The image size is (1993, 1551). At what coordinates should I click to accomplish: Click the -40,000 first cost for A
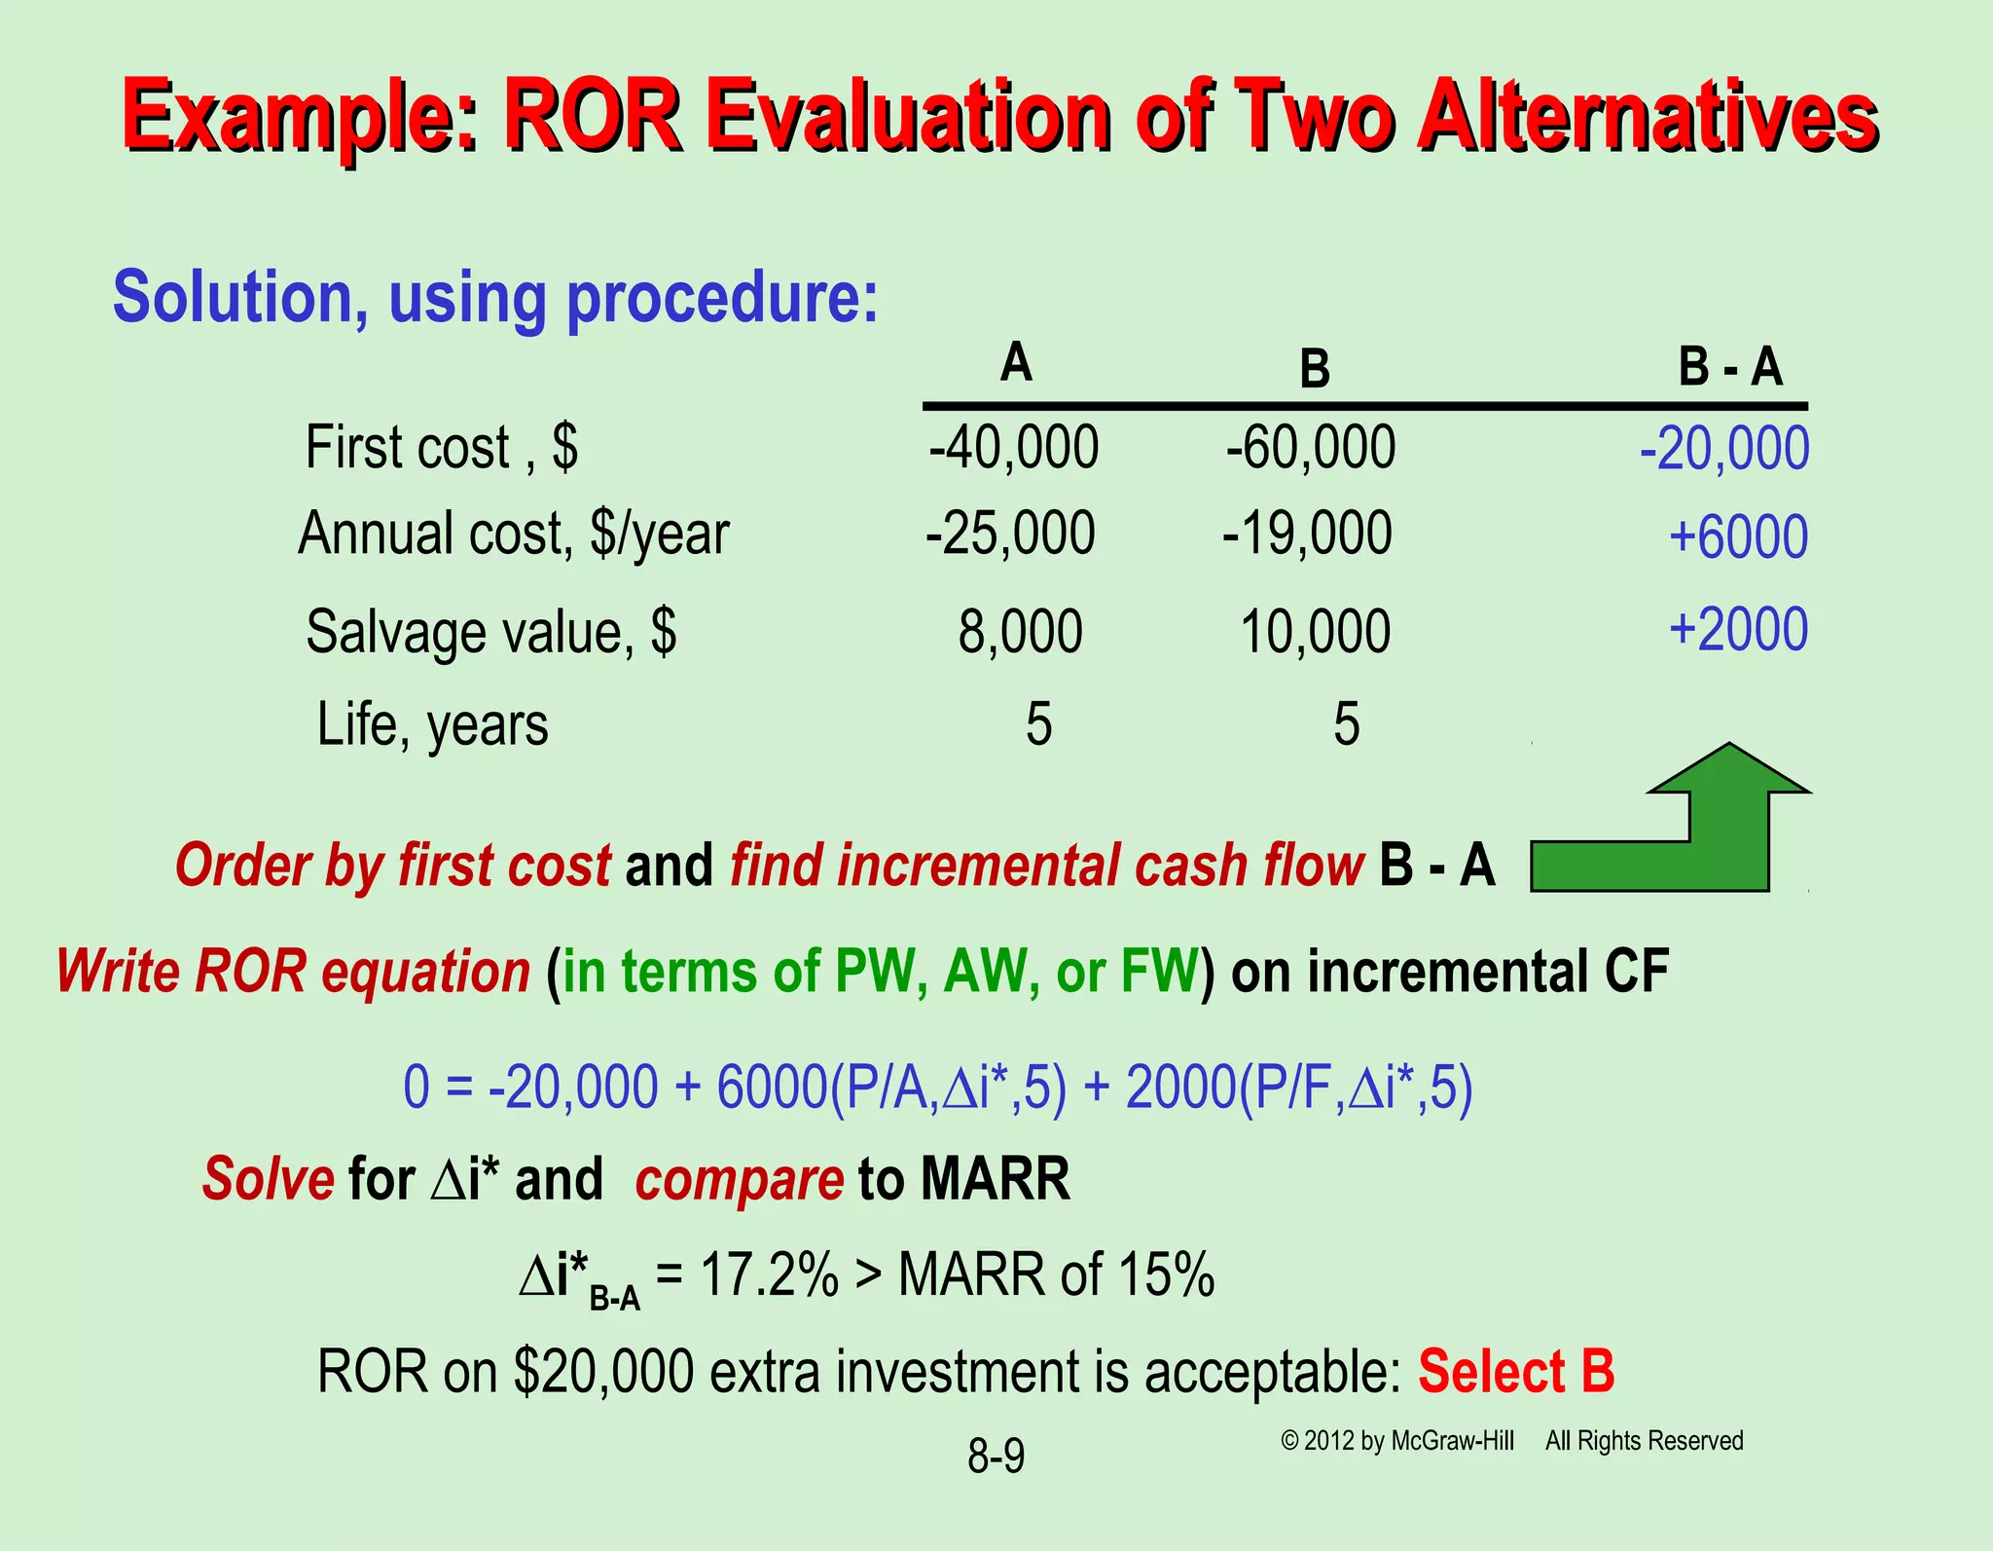click(1013, 448)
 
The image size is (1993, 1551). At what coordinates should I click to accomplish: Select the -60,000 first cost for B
click(1310, 448)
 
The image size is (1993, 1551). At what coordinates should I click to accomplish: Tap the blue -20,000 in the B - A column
click(1723, 450)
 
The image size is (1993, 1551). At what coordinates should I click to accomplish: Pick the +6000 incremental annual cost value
click(1738, 536)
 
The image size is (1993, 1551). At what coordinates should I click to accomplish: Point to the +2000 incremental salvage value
click(1738, 629)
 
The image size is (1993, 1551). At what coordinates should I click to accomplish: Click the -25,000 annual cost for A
click(1010, 534)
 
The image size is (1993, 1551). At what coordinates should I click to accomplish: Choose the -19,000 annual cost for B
click(1307, 534)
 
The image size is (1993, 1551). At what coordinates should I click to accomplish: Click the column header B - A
click(1729, 368)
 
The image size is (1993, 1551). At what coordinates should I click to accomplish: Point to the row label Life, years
click(432, 724)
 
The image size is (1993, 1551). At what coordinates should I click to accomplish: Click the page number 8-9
click(996, 1457)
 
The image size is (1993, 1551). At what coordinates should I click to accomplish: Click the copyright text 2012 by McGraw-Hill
click(1397, 1441)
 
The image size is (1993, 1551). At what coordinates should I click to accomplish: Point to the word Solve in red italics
click(268, 1179)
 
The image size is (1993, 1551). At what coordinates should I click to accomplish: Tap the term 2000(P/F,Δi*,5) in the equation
click(1298, 1088)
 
